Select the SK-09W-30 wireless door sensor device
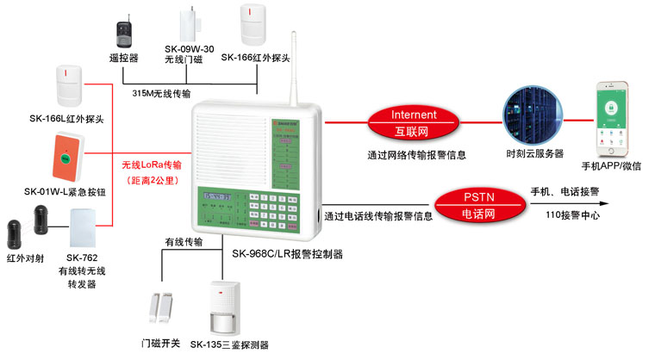188,25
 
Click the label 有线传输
184,243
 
